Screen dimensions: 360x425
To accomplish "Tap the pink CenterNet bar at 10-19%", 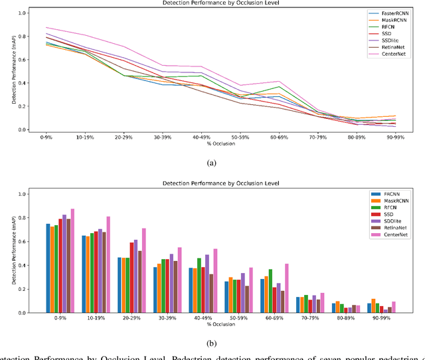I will pos(108,264).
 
